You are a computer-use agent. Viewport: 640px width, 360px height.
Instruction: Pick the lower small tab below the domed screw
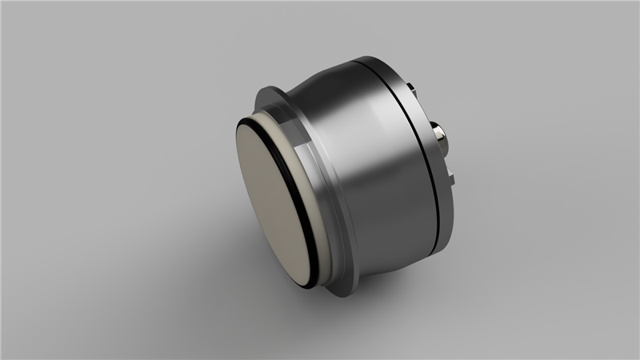[x=451, y=175]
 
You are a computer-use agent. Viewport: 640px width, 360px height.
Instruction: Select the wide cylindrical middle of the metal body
[x=376, y=160]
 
